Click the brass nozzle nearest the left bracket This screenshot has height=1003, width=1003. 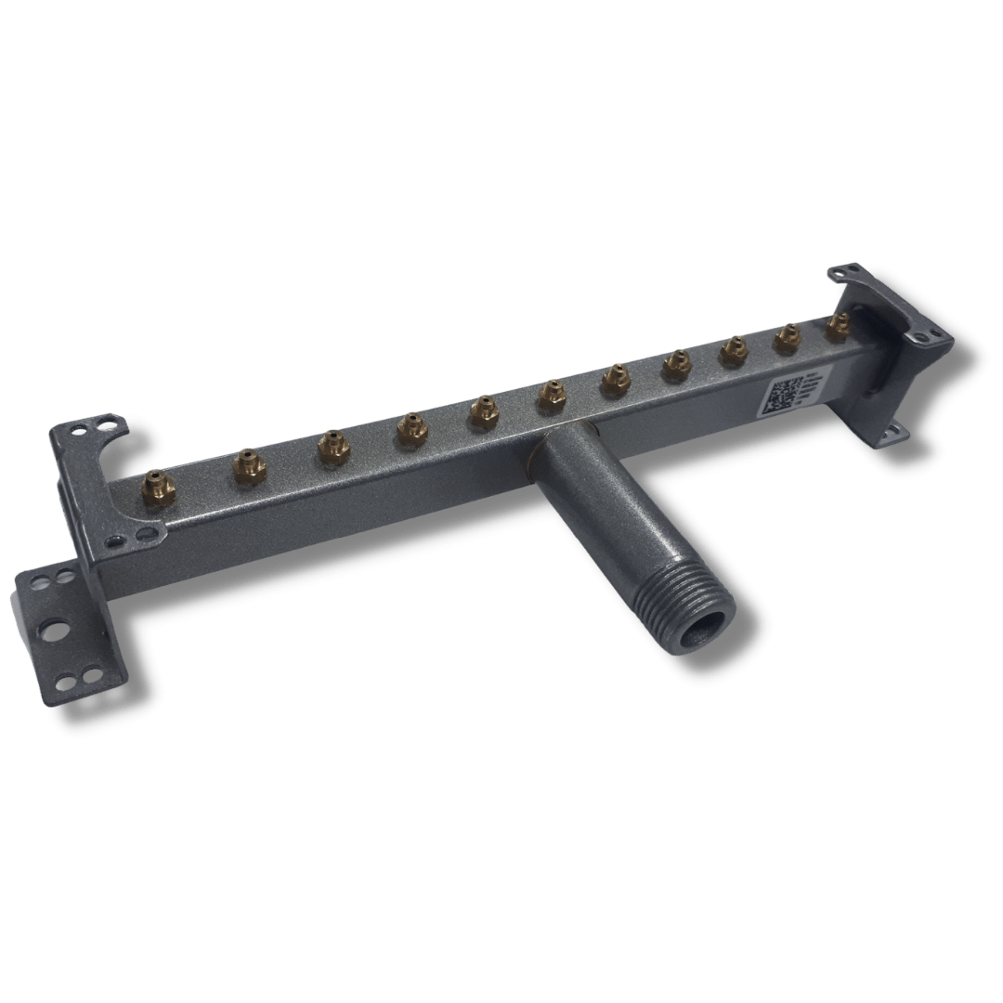click(x=158, y=485)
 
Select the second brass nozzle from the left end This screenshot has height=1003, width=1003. click(x=249, y=463)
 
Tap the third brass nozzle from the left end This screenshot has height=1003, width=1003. click(x=332, y=445)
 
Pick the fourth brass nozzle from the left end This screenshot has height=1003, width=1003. click(x=410, y=427)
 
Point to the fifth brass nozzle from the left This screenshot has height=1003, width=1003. click(x=483, y=410)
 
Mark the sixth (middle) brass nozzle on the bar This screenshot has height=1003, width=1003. click(x=552, y=394)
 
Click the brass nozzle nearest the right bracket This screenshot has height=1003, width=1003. click(x=838, y=324)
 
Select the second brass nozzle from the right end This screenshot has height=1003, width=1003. click(x=787, y=336)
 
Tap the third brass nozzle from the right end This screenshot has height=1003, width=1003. click(x=734, y=349)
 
